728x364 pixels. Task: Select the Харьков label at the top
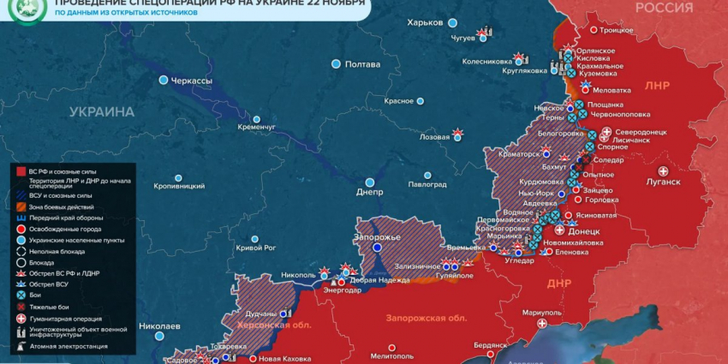[426, 21]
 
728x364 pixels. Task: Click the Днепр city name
[369, 193]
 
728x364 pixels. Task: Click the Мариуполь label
[540, 313]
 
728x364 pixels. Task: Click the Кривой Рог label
[256, 248]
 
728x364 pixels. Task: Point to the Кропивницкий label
[178, 185]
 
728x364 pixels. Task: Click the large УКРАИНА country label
[102, 111]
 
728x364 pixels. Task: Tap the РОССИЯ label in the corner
[664, 8]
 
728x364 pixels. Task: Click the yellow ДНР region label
[558, 283]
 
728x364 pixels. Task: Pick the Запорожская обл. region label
[426, 318]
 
